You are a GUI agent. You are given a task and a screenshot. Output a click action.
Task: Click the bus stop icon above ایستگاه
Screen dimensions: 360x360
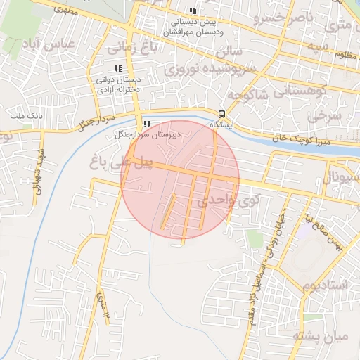[222, 114]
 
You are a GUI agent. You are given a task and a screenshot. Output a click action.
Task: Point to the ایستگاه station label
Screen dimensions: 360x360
[221, 124]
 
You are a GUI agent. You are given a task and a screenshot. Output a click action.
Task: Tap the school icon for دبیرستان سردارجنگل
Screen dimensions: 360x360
[146, 124]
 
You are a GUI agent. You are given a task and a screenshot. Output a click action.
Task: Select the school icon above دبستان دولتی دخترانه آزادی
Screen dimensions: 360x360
[118, 69]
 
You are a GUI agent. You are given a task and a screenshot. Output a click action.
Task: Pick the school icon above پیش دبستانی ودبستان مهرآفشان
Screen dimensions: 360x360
[193, 11]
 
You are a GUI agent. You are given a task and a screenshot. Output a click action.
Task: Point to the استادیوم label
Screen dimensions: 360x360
[325, 285]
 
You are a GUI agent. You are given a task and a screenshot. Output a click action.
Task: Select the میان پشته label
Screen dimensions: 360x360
[326, 336]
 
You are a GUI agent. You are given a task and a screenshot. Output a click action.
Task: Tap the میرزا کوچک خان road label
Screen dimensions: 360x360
[281, 138]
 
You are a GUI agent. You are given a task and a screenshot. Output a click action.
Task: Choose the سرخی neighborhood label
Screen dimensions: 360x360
[328, 112]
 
